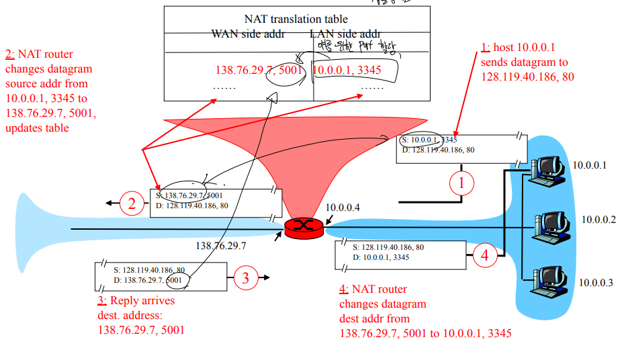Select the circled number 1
(461, 181)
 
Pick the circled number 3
(246, 277)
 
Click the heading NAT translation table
(296, 19)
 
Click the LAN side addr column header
(345, 34)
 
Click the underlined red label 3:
(102, 301)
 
